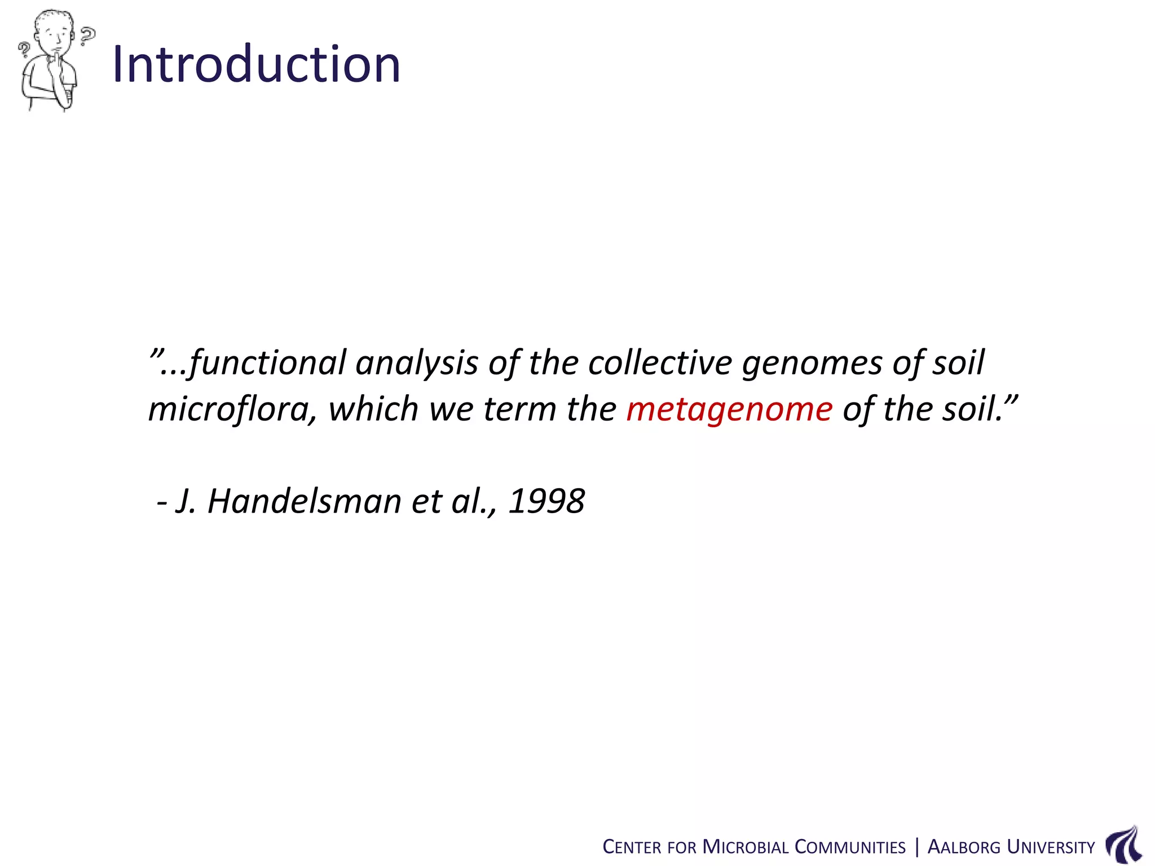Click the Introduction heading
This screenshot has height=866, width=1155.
tap(257, 64)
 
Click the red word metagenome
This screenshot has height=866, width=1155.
tap(729, 409)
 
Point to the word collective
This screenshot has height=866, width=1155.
tap(660, 363)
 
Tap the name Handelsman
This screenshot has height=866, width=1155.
tap(304, 501)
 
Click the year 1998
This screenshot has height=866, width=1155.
tap(546, 501)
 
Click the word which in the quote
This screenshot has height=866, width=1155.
tap(373, 409)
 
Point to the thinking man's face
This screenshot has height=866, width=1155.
tap(56, 37)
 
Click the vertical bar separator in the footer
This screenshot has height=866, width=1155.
tap(917, 847)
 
